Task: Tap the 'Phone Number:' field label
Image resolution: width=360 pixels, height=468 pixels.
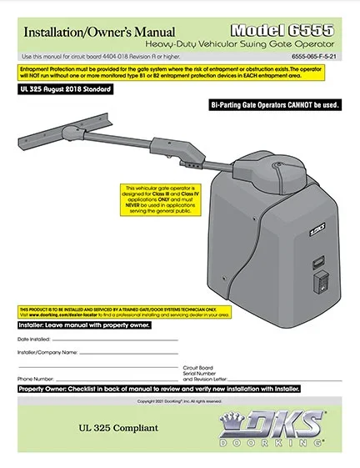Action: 35,378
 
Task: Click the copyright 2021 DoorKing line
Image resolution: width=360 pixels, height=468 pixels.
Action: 180,400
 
